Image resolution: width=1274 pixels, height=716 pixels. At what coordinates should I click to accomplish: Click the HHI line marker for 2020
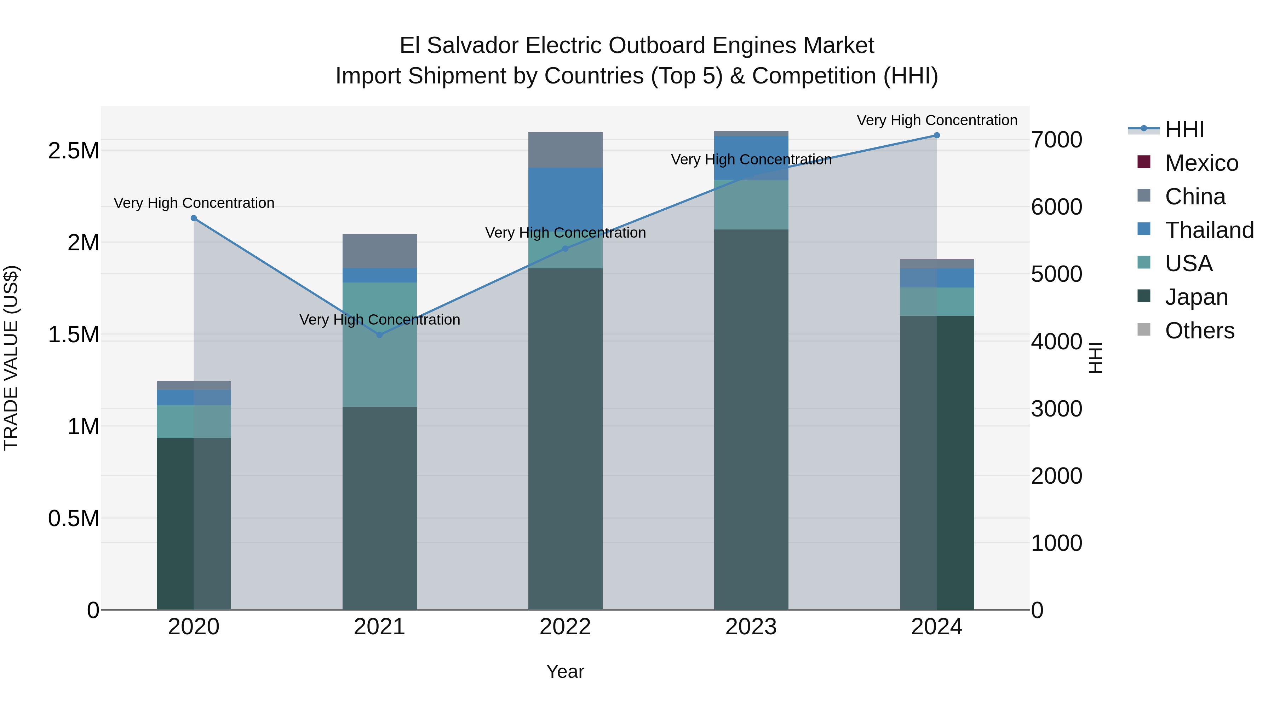pos(194,218)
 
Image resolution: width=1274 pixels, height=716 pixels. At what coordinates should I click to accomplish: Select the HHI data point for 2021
pos(379,335)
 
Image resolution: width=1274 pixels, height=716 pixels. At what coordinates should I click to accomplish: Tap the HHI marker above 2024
pos(937,135)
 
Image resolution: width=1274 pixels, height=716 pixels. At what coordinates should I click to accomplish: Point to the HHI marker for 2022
pos(565,249)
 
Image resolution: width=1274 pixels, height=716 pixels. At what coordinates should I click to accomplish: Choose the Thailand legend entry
pos(1209,230)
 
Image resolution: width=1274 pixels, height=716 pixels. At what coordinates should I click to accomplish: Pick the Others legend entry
pos(1199,331)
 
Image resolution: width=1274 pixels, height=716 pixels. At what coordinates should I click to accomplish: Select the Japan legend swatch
pos(1144,297)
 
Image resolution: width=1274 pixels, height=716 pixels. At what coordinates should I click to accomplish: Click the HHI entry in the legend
pos(1184,129)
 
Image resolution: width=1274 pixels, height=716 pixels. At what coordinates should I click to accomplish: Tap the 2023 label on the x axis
pos(751,627)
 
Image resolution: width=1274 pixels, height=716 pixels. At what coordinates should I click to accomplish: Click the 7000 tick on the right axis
pos(1057,140)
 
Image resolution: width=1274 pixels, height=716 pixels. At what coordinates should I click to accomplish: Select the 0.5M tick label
pos(74,519)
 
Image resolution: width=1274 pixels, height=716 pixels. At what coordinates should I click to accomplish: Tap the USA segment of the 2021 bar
pos(379,344)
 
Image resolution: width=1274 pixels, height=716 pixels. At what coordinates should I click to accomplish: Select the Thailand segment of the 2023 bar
pos(751,158)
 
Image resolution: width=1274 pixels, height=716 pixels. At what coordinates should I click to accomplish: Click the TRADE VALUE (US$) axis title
pos(11,358)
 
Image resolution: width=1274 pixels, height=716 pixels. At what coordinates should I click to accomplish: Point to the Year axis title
pos(565,671)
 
